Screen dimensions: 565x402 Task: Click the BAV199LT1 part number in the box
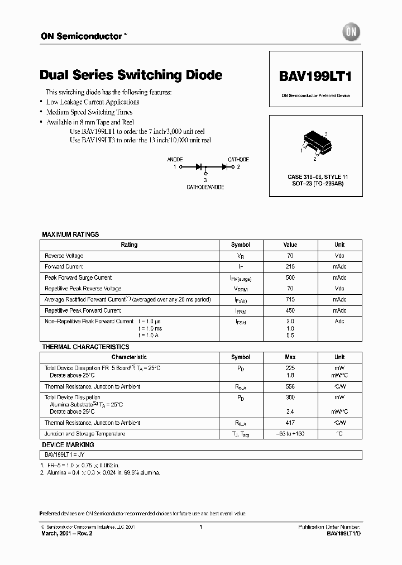(315, 75)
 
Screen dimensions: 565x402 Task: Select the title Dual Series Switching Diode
(131, 75)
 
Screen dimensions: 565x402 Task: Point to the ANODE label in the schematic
(175, 160)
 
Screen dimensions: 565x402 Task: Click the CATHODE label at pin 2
(238, 160)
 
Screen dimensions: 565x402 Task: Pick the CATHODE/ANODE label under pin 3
(205, 188)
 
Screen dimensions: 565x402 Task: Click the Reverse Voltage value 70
(290, 256)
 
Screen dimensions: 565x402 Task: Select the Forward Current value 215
(290, 267)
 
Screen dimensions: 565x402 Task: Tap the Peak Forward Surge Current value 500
(290, 277)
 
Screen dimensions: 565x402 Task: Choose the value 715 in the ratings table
(290, 299)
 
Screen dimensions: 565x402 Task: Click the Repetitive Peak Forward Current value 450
(290, 310)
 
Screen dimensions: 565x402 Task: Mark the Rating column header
(129, 245)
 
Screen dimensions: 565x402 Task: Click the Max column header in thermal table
(290, 357)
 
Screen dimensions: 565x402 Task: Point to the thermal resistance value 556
(290, 386)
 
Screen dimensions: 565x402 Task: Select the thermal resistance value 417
(290, 423)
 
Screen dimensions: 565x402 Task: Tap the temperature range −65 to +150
(290, 434)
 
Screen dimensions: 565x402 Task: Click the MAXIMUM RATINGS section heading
(70, 234)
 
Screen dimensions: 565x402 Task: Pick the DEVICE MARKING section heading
(68, 445)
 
